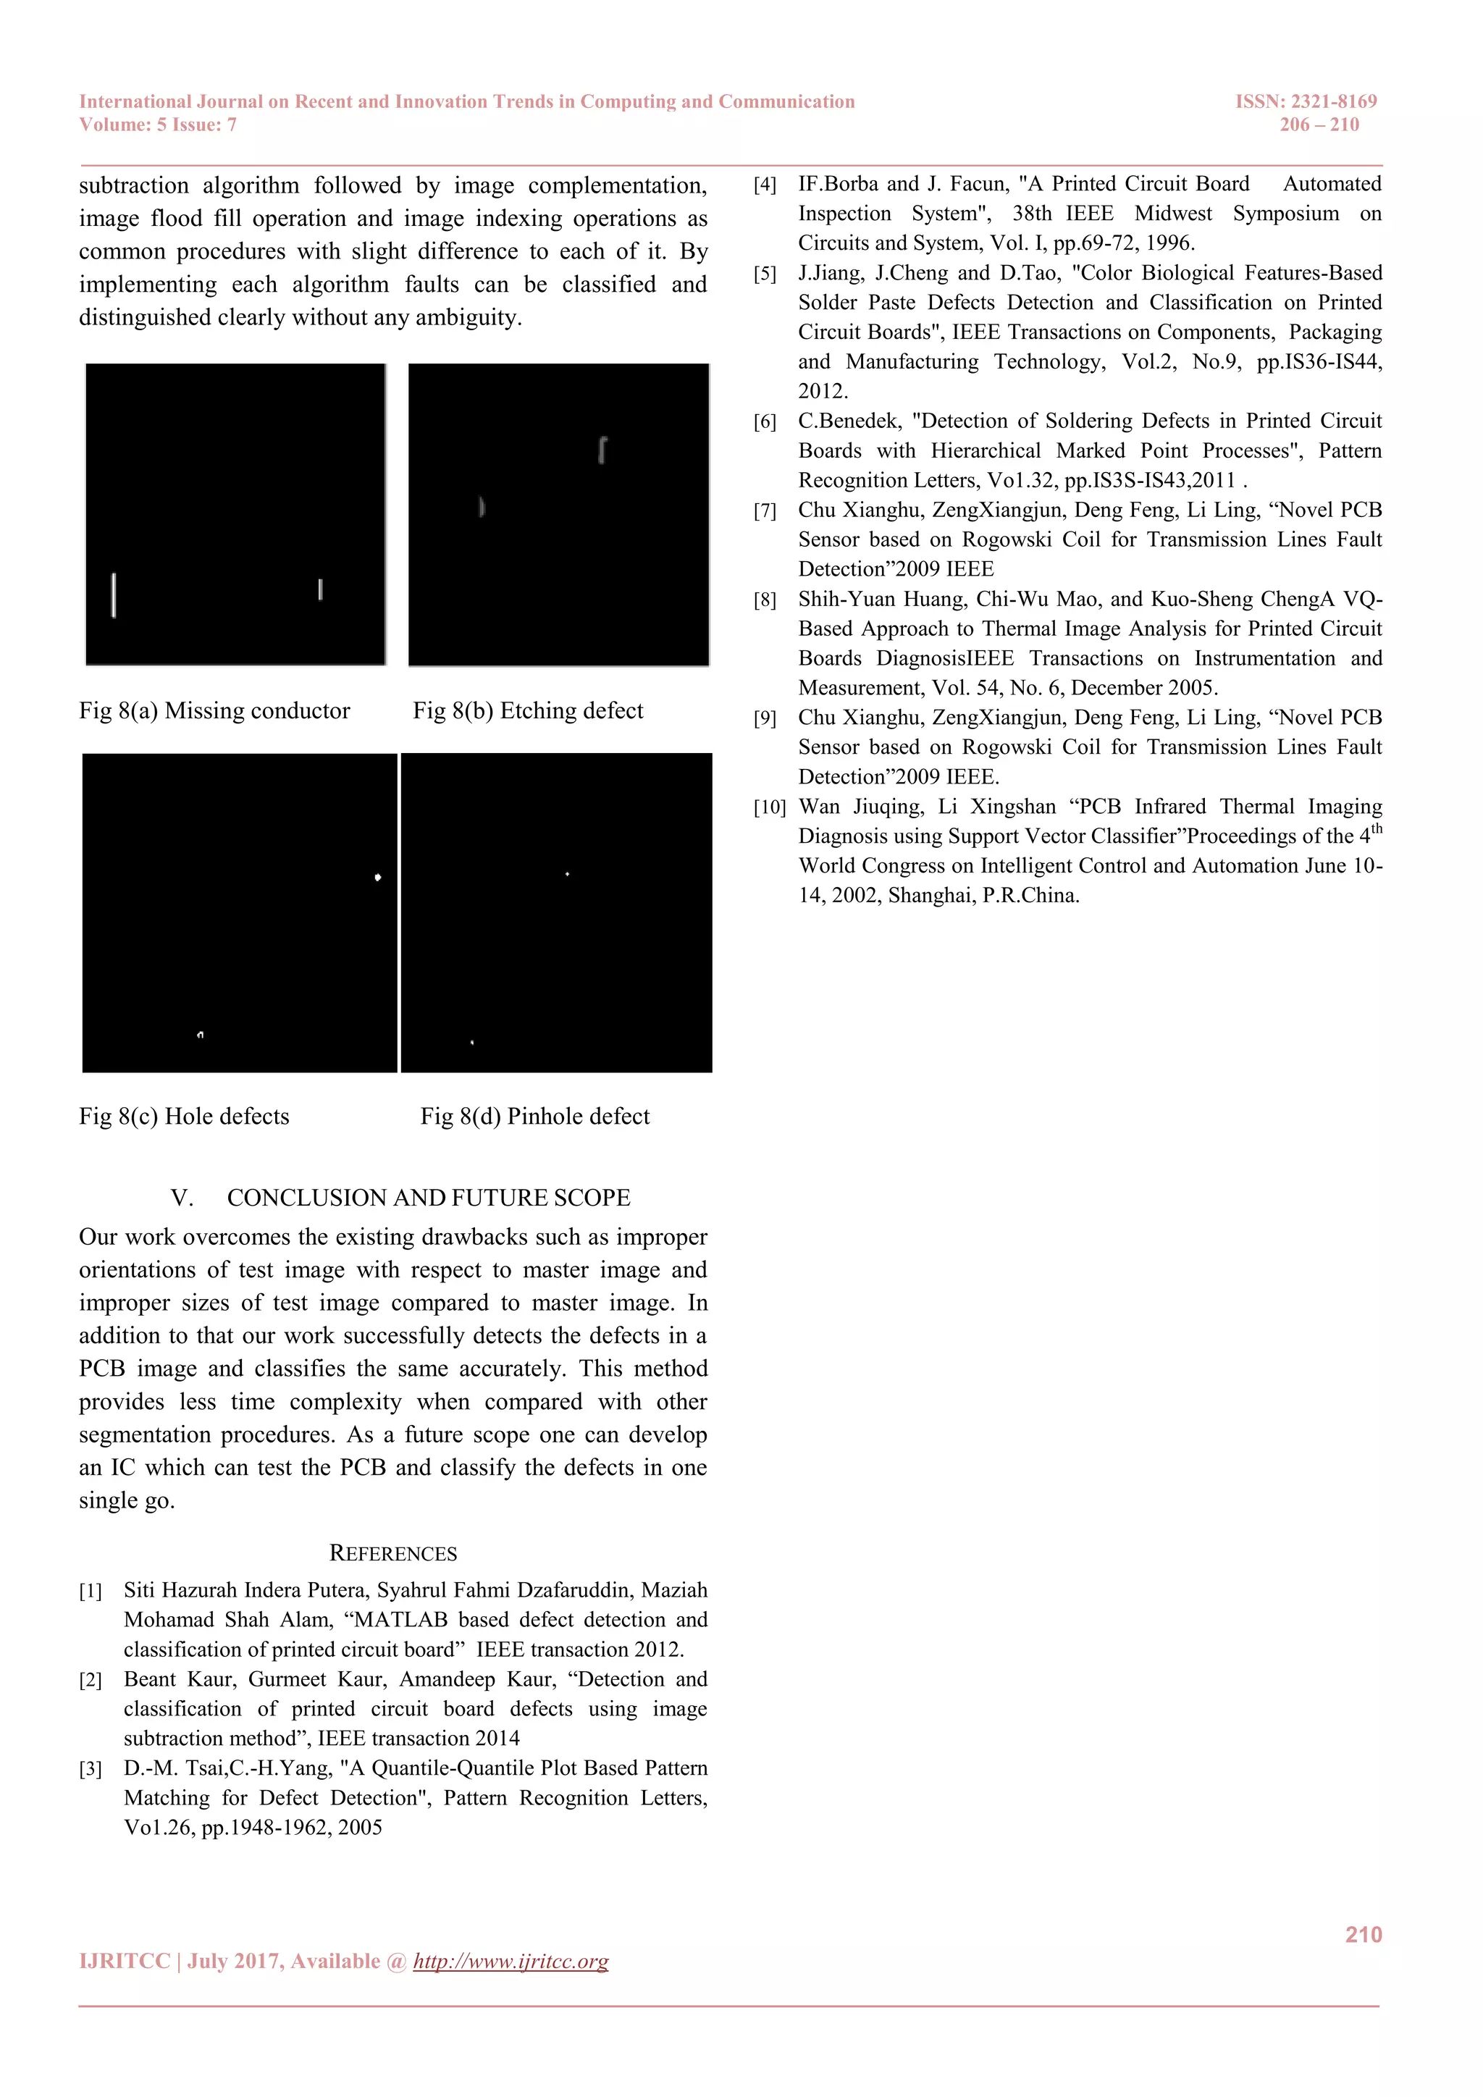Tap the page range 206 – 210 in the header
1319,125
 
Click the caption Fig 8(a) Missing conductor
214,710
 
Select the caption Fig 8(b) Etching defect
528,710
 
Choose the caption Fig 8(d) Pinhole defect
535,1116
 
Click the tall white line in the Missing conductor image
113,595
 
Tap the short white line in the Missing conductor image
319,589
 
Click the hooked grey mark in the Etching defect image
602,450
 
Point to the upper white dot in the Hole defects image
377,878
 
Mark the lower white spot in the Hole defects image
200,1035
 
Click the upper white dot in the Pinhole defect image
567,875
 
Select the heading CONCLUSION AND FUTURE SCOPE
428,1198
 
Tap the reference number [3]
91,1770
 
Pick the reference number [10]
769,807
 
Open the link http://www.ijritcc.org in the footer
511,1961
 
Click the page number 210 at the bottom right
1363,1934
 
